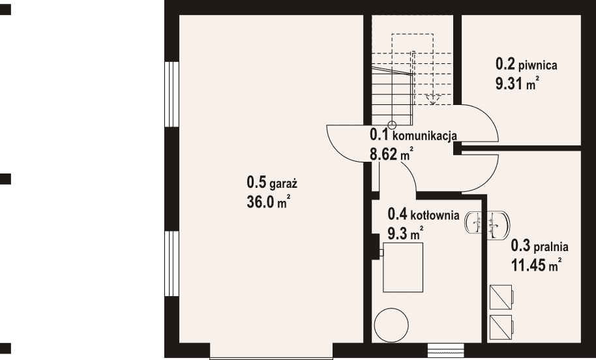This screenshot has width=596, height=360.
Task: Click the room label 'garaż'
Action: (283, 185)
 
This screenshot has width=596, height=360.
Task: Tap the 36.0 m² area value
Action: (269, 202)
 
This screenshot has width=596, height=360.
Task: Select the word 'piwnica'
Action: (538, 65)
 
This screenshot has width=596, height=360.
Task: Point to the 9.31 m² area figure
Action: (517, 83)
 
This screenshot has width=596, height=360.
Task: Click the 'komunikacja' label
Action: (425, 136)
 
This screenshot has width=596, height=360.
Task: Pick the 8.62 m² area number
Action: (391, 155)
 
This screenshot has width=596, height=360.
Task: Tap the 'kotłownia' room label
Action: (434, 216)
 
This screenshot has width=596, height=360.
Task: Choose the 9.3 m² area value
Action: (405, 233)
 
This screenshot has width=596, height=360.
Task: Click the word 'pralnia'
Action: (551, 247)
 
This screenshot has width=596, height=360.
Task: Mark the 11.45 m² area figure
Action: (536, 265)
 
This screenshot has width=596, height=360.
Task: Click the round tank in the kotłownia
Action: (391, 325)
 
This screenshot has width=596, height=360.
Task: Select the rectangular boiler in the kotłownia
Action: (402, 267)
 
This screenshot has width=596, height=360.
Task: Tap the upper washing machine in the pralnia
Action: (501, 297)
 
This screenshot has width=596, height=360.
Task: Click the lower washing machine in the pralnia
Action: (501, 327)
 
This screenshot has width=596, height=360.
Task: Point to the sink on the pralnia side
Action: (498, 225)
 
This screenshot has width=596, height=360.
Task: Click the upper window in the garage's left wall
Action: (171, 94)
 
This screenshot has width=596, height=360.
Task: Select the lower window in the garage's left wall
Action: (171, 263)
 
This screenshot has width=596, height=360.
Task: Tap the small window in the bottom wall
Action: (445, 350)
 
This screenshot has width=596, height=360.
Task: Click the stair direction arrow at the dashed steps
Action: (432, 100)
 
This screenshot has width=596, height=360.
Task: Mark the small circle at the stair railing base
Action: (392, 125)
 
